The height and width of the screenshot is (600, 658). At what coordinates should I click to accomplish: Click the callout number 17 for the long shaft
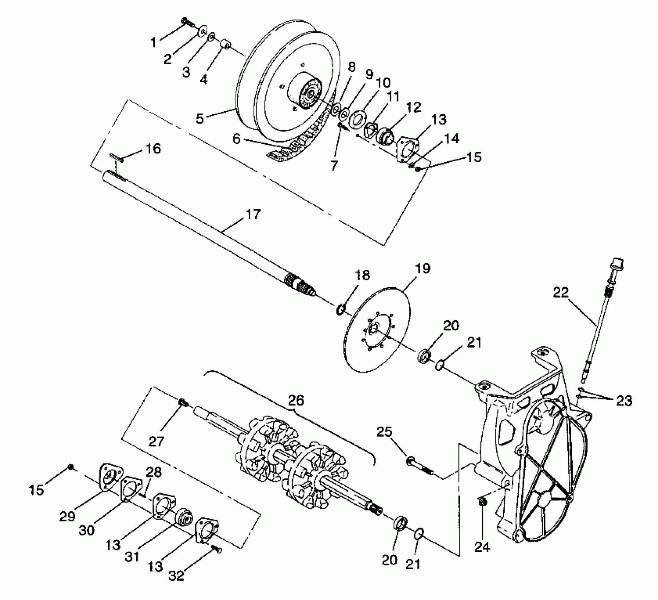[253, 214]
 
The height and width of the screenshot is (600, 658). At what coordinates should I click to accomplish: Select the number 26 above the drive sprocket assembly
[296, 400]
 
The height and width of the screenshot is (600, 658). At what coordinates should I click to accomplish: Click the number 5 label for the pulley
[200, 118]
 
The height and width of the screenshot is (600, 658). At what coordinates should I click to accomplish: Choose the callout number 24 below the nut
[482, 547]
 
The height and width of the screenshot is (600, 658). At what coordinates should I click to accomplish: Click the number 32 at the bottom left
[177, 576]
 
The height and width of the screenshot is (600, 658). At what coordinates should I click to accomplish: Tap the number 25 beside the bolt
[385, 432]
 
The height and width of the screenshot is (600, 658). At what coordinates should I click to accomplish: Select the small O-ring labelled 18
[340, 310]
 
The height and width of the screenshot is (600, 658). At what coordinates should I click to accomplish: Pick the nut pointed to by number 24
[481, 500]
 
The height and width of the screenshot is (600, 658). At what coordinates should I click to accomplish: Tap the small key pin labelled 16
[116, 157]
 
